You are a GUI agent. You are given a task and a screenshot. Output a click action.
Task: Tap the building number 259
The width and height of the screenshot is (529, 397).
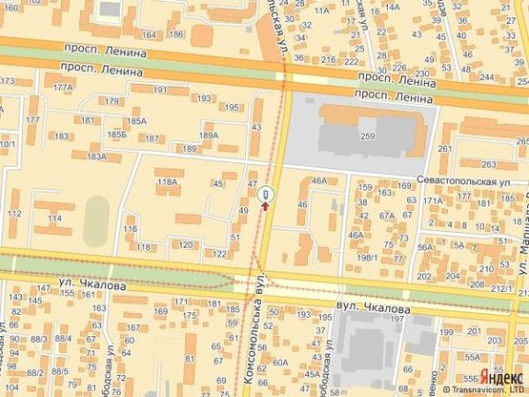point(368,137)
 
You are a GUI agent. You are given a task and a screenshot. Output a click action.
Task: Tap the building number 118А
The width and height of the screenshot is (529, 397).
point(168,181)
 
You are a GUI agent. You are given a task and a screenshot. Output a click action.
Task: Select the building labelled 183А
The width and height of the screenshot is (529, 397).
point(95,156)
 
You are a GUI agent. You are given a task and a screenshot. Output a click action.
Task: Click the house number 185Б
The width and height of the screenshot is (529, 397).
point(116,136)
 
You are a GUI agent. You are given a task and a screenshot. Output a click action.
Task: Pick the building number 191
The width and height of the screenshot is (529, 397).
point(158,89)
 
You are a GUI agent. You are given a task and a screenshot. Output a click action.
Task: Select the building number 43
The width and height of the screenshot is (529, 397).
point(255,128)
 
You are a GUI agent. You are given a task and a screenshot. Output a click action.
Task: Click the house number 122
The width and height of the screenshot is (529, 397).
point(219,254)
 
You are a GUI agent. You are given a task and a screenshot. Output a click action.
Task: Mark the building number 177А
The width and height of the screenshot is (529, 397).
point(63,87)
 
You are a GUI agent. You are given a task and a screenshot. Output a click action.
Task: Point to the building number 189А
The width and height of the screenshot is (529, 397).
point(209,136)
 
